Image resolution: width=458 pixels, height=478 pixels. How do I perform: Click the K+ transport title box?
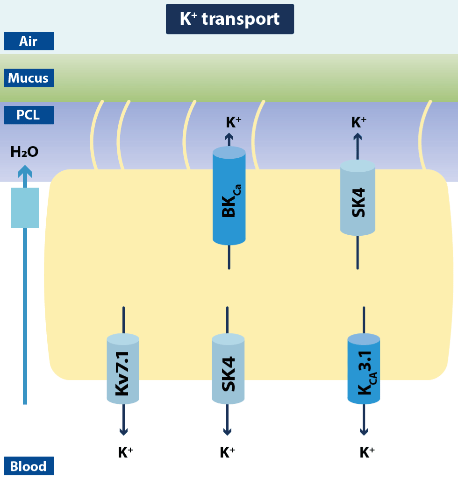(230, 19)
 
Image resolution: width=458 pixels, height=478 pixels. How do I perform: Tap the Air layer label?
(29, 41)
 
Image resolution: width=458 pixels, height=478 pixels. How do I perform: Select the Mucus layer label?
(29, 78)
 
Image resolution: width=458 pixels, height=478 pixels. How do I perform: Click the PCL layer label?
(29, 115)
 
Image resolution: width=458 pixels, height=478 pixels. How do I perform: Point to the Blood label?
(29, 466)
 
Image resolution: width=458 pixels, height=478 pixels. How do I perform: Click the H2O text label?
(24, 152)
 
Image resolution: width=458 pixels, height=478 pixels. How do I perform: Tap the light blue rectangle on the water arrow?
(25, 207)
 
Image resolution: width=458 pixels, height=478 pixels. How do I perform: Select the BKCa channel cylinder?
(229, 196)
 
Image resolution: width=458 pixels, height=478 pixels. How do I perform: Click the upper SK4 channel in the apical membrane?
(358, 197)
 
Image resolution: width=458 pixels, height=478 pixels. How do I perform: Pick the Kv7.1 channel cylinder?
(123, 369)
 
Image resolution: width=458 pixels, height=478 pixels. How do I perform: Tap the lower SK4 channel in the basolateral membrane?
(228, 369)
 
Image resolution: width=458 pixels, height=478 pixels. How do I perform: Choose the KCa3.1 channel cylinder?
(364, 369)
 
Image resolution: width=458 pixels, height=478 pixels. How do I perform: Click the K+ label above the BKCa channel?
(234, 123)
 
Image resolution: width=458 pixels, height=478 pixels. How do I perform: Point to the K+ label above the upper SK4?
(358, 123)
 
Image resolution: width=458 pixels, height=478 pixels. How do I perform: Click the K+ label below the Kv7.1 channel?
(126, 452)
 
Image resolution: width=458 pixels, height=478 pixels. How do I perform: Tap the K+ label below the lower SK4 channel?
(227, 452)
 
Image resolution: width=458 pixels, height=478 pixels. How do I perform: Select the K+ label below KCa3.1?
(367, 452)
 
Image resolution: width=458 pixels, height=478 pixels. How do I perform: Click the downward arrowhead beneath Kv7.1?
(123, 432)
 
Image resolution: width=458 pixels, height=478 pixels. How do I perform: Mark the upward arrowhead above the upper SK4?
(358, 137)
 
